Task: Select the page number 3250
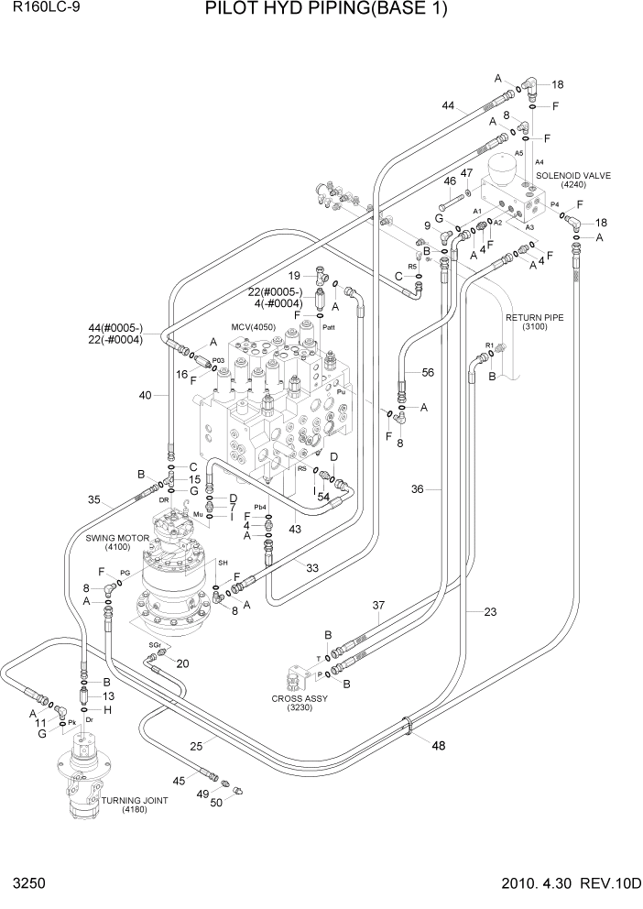click(26, 884)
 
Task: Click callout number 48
click(438, 745)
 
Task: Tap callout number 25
click(195, 746)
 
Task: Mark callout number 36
click(417, 489)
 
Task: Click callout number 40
click(145, 396)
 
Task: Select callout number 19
click(295, 276)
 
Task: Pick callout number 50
click(216, 803)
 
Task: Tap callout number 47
click(466, 173)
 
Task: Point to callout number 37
click(376, 606)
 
